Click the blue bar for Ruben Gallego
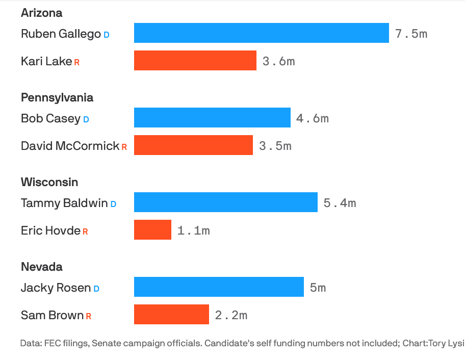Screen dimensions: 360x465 click(261, 33)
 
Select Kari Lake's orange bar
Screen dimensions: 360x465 click(195, 61)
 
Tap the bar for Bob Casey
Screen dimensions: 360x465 click(212, 118)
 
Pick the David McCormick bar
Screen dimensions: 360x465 click(193, 145)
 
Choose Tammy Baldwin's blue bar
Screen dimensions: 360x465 click(225, 202)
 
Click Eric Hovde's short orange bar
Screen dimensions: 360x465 click(152, 230)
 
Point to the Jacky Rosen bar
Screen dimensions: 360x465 click(219, 287)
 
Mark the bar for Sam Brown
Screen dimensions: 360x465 click(171, 315)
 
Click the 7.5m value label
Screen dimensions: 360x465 click(411, 34)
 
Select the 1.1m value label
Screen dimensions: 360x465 click(193, 230)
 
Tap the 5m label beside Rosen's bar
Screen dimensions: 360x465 click(318, 288)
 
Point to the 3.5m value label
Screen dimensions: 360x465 click(275, 146)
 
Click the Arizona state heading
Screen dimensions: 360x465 click(41, 13)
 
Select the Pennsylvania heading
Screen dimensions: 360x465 click(57, 97)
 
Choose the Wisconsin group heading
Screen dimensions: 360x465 click(49, 182)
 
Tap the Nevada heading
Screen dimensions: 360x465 click(42, 267)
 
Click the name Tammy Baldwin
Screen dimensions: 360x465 click(64, 203)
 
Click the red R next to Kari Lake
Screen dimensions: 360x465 click(77, 62)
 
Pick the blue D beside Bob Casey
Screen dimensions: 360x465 click(86, 119)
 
